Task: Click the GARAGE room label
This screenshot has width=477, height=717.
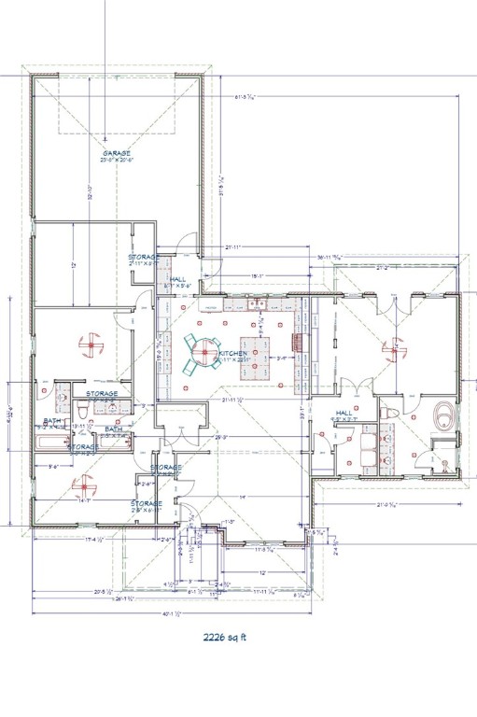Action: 117,156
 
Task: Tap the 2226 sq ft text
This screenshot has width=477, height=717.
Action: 228,639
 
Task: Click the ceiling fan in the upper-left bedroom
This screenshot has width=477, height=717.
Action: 91,344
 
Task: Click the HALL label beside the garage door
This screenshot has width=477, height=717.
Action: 177,278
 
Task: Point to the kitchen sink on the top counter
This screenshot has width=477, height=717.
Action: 263,304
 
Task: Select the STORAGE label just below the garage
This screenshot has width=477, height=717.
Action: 145,258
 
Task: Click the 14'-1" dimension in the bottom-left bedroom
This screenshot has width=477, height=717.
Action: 83,499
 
